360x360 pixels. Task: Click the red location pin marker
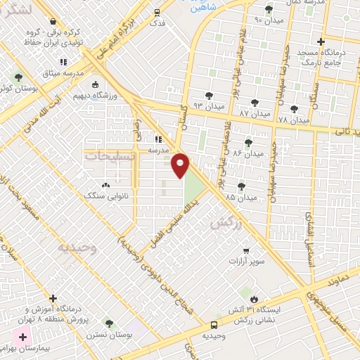pos(180,165)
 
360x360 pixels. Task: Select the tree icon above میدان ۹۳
pos(209,95)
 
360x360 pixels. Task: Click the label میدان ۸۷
pos(254,113)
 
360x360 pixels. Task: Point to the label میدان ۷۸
pos(292,120)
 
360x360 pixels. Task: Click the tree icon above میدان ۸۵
pos(241,186)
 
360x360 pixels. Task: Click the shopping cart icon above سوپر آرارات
pos(245,250)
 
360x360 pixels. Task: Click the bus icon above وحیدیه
pos(214,325)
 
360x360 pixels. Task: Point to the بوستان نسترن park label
pos(105,335)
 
